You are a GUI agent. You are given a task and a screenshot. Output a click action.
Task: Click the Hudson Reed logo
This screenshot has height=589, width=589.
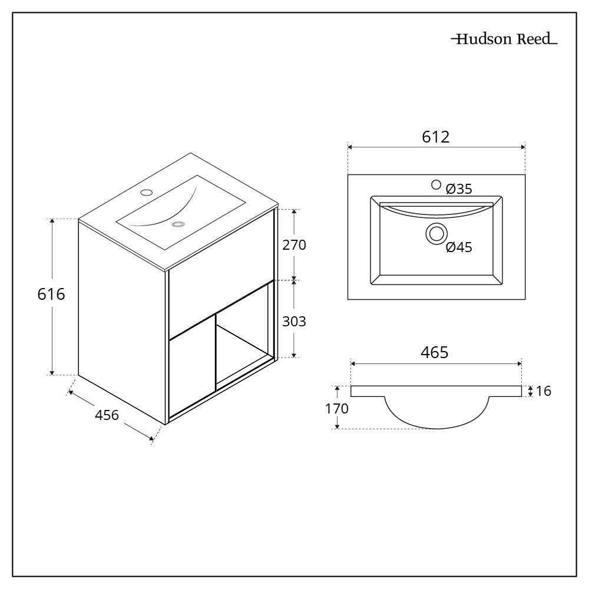pos(504,39)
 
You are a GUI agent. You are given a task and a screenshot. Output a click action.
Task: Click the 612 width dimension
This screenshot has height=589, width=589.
pos(436,137)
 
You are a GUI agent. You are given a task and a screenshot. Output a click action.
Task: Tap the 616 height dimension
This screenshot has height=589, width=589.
pos(51,294)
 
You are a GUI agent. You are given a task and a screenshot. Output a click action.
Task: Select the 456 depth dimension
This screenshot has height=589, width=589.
pos(107,415)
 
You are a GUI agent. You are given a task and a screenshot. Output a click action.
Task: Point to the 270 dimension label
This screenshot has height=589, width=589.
pos(294,245)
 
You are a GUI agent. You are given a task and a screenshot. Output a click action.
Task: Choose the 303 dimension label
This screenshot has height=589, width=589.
pos(294,322)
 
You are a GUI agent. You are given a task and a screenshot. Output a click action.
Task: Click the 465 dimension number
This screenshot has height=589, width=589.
pos(435,353)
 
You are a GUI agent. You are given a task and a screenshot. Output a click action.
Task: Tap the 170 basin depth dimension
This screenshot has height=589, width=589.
pos(337,408)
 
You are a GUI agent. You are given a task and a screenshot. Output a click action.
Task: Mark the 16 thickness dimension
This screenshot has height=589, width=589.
pos(544,391)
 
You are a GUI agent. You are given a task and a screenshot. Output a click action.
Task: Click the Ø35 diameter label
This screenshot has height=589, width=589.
pos(459,189)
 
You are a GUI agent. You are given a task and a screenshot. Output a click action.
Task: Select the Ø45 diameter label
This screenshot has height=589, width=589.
pos(459,247)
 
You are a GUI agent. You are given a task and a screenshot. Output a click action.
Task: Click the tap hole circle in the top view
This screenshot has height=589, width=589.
pos(436,184)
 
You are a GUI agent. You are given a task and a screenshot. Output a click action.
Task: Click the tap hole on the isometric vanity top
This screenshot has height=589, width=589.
pos(146,193)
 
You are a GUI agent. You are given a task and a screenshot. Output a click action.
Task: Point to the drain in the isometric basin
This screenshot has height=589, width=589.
pos(178,224)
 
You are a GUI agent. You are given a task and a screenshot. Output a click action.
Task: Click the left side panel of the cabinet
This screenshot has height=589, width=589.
pos(122,322)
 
